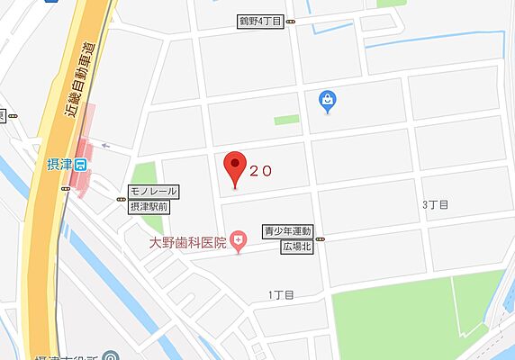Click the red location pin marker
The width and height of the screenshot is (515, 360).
tap(235, 167)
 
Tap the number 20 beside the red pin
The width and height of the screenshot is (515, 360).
tap(260, 169)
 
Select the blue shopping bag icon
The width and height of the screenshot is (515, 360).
tap(330, 102)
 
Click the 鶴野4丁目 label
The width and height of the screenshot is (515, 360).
tap(260, 21)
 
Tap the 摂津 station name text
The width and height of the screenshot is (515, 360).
tap(59, 164)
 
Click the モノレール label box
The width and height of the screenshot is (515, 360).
tap(153, 192)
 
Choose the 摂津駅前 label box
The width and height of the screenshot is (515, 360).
tap(153, 206)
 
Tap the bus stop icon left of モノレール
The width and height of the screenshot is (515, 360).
tap(121, 199)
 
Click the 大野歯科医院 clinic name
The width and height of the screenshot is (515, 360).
tap(188, 241)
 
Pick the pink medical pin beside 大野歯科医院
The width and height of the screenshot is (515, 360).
tap(238, 240)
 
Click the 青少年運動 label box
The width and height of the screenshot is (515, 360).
tap(287, 230)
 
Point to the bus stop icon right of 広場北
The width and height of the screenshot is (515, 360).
tap(321, 238)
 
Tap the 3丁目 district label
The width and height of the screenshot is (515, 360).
tap(435, 205)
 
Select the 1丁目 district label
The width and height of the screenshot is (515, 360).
tap(281, 294)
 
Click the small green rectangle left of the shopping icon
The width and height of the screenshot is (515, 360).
tap(285, 119)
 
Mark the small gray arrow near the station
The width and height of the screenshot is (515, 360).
tap(106, 145)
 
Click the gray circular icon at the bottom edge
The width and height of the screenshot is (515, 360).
tap(109, 355)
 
